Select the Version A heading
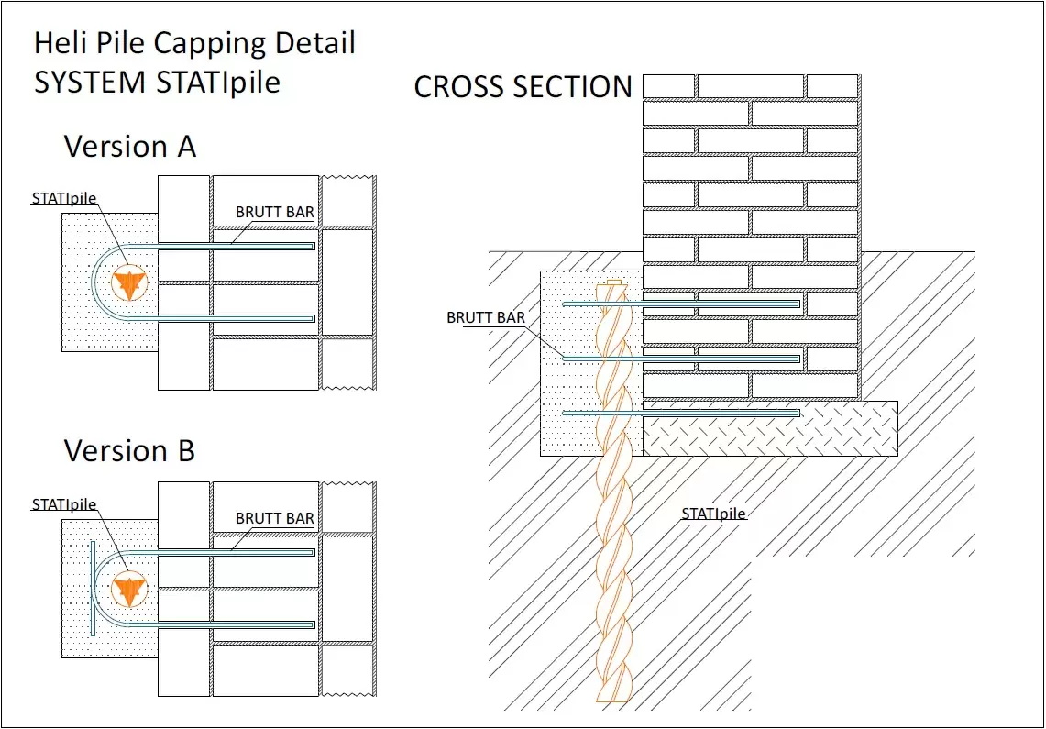coord(129,147)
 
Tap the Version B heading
coord(129,451)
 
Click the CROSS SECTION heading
coord(523,87)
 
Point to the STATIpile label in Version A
coord(64,196)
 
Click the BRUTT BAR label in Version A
coord(275,212)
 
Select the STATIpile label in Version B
coord(64,504)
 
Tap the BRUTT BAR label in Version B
coord(275,518)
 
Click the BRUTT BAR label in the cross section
coord(486,318)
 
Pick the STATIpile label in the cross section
coord(714,514)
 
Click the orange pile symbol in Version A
coord(129,283)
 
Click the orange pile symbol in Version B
coord(129,590)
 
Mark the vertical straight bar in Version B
coord(93,589)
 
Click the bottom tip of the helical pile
coord(611,699)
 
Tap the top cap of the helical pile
coord(612,282)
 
